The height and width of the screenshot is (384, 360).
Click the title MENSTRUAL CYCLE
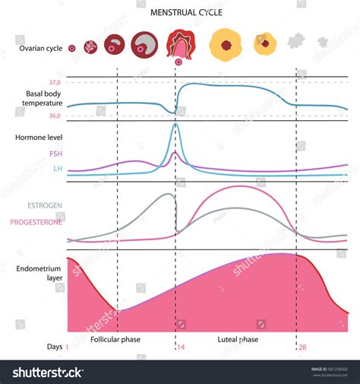click(179, 12)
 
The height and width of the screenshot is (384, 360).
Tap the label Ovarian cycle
click(40, 49)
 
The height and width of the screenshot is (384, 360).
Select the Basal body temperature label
click(42, 98)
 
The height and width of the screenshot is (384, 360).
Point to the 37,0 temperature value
click(55, 82)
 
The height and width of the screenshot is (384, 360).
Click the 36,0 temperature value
click(55, 116)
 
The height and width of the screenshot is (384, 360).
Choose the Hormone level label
click(38, 137)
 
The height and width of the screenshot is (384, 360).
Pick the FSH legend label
click(54, 154)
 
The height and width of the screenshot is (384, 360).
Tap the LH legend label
click(57, 169)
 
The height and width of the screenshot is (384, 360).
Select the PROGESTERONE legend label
click(36, 222)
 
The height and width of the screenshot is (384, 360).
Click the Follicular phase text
click(115, 339)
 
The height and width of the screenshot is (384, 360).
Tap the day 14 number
click(180, 347)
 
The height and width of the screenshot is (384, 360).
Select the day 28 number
click(302, 347)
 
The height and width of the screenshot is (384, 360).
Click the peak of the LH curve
click(175, 124)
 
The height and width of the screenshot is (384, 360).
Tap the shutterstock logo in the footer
click(48, 372)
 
